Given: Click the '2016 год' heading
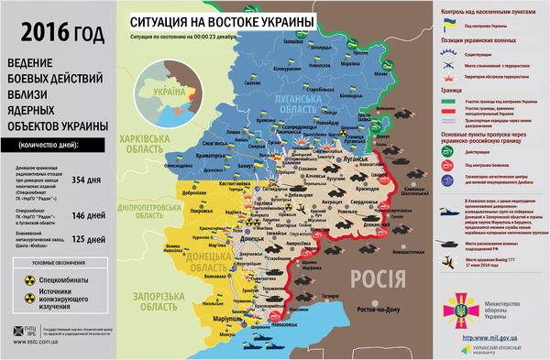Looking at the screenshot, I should pyautogui.click(x=55, y=36).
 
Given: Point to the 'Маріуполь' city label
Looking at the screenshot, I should pyautogui.click(x=217, y=319).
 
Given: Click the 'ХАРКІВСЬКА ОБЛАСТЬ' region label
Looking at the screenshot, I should pyautogui.click(x=146, y=146).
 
